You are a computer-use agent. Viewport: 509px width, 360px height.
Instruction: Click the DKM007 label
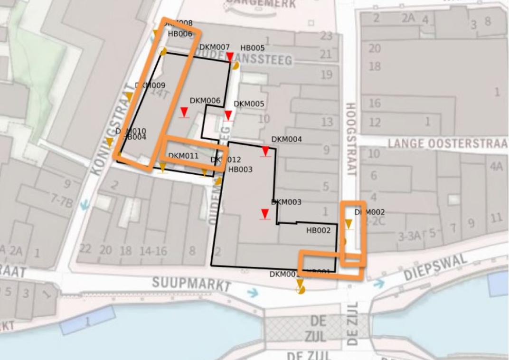(x=215, y=47)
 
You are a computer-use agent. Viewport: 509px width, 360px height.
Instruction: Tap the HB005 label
(x=252, y=48)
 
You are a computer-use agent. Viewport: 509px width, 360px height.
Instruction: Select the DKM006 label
(x=205, y=101)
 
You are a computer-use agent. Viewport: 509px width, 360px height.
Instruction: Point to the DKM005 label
(x=249, y=104)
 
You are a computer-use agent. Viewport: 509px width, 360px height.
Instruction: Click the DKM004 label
(x=286, y=140)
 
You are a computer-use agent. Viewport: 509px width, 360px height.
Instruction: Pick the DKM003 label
(x=286, y=202)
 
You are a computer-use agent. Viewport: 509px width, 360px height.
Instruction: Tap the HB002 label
(x=318, y=230)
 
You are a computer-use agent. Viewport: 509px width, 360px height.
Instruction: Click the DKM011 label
(x=183, y=155)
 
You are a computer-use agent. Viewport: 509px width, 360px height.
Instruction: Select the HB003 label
(x=240, y=169)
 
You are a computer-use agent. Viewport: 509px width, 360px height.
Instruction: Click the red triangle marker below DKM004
(x=265, y=151)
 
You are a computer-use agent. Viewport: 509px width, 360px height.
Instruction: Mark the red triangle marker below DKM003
(x=265, y=214)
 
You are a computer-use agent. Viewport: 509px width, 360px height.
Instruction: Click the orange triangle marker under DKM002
(x=349, y=224)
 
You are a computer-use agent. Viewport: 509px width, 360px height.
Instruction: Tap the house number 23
(x=326, y=36)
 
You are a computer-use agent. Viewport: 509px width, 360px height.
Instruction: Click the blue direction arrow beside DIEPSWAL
(x=378, y=284)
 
